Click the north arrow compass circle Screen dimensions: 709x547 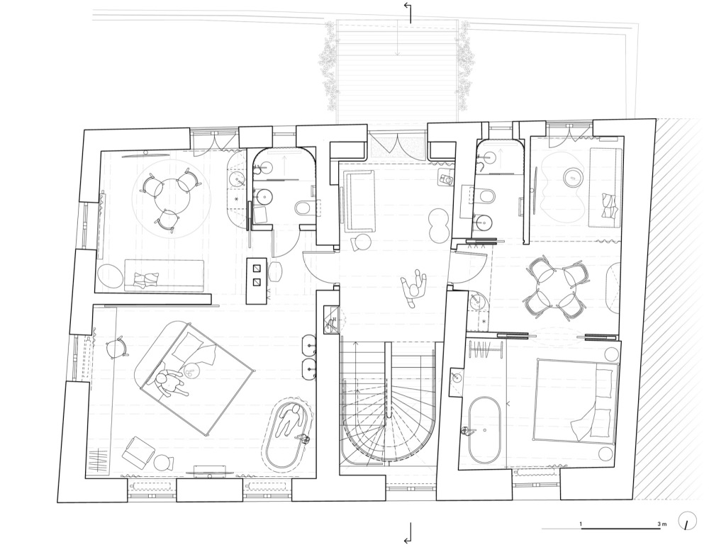coord(687,521)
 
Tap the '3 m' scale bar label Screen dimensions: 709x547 coord(662,524)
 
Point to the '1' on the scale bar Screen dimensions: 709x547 coord(581,524)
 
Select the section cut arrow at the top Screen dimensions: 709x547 coord(408,13)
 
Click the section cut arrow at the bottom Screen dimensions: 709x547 coord(408,533)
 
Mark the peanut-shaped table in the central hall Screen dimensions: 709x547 coord(438,225)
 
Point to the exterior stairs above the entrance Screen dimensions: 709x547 coord(397,70)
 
